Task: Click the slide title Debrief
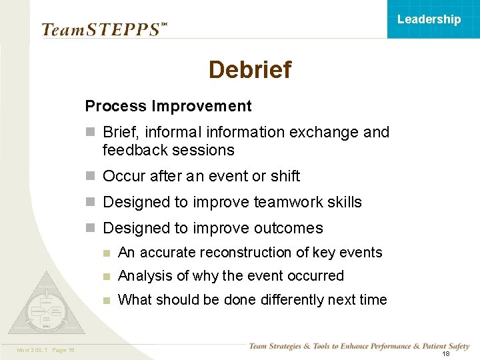click(x=249, y=69)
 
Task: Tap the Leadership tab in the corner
click(x=429, y=19)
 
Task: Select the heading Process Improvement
click(x=168, y=106)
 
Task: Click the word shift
click(x=285, y=176)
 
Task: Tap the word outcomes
click(x=291, y=228)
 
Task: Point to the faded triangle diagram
click(x=45, y=307)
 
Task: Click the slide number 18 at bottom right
click(x=445, y=353)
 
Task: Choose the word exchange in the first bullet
click(x=327, y=132)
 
